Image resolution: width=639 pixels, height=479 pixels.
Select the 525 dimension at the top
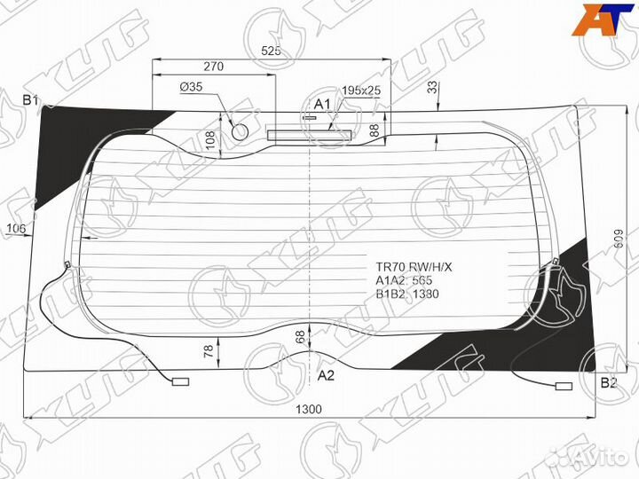[272, 51]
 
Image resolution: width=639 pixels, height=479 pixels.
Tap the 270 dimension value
[213, 67]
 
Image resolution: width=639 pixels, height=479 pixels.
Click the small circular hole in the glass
[240, 131]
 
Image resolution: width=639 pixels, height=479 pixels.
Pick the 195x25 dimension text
[361, 90]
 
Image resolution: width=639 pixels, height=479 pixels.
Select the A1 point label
[322, 104]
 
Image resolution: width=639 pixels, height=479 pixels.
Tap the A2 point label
[326, 375]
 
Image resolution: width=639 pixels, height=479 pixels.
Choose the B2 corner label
[609, 382]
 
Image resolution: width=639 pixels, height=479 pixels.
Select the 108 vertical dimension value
[210, 139]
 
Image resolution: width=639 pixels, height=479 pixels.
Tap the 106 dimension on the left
[15, 230]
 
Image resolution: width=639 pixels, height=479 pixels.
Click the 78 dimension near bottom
[209, 351]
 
